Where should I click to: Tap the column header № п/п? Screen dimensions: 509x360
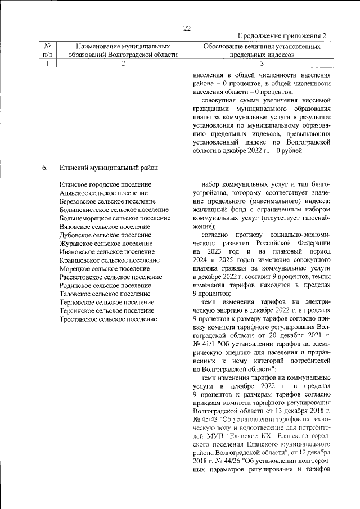(x=48, y=50)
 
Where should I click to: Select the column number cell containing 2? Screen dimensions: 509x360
(x=123, y=64)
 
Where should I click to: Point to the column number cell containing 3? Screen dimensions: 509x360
(x=261, y=64)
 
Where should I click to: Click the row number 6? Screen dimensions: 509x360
(x=44, y=167)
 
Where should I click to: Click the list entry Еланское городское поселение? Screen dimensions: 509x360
(x=105, y=184)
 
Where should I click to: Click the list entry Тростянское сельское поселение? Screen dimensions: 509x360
(x=108, y=319)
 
